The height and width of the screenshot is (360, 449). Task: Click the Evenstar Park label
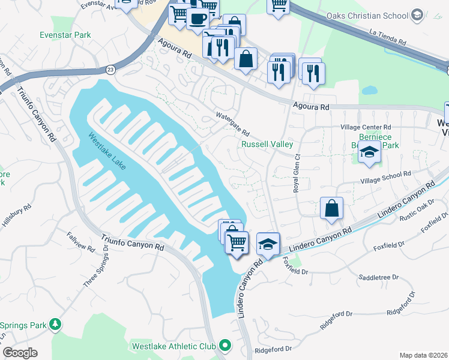tap(65, 35)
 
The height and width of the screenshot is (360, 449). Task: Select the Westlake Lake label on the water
tap(107, 151)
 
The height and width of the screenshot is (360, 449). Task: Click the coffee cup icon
tap(196, 19)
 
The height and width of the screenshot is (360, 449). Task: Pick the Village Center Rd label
tap(366, 127)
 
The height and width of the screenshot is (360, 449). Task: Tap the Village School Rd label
tap(385, 176)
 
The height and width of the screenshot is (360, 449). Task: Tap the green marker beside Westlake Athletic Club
tap(225, 345)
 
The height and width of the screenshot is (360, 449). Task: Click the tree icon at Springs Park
tap(56, 325)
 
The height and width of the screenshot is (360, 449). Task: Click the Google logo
tap(20, 353)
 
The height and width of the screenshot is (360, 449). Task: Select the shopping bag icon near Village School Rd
tap(331, 209)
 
